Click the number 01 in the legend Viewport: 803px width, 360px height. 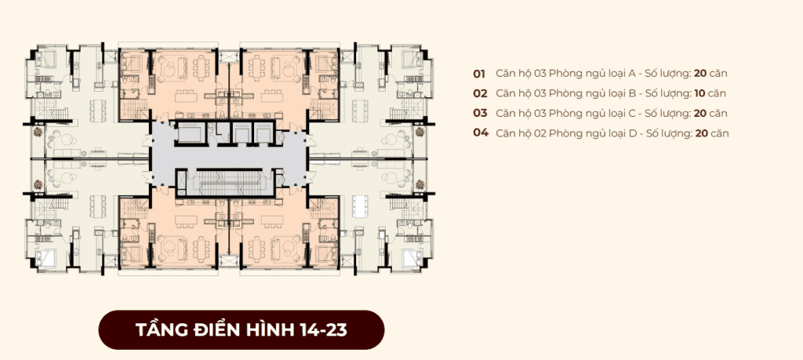coord(479,74)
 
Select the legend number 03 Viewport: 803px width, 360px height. coord(480,113)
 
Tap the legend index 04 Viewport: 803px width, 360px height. coord(481,133)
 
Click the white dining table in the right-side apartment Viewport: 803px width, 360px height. coord(360,205)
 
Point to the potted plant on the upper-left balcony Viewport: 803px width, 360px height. coord(36,133)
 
